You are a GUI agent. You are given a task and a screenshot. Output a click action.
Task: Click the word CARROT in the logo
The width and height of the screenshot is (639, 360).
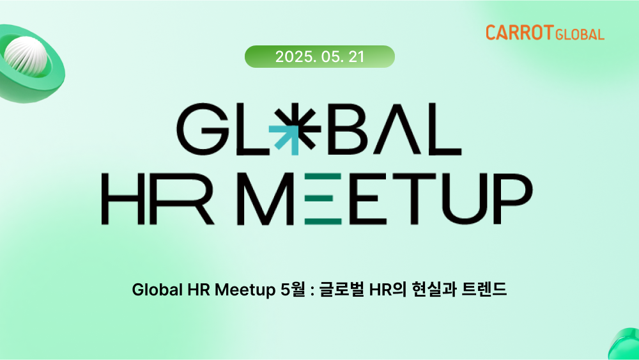[x=519, y=33]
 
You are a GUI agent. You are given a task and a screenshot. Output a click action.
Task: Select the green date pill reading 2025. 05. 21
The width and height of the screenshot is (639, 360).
[x=319, y=56]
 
